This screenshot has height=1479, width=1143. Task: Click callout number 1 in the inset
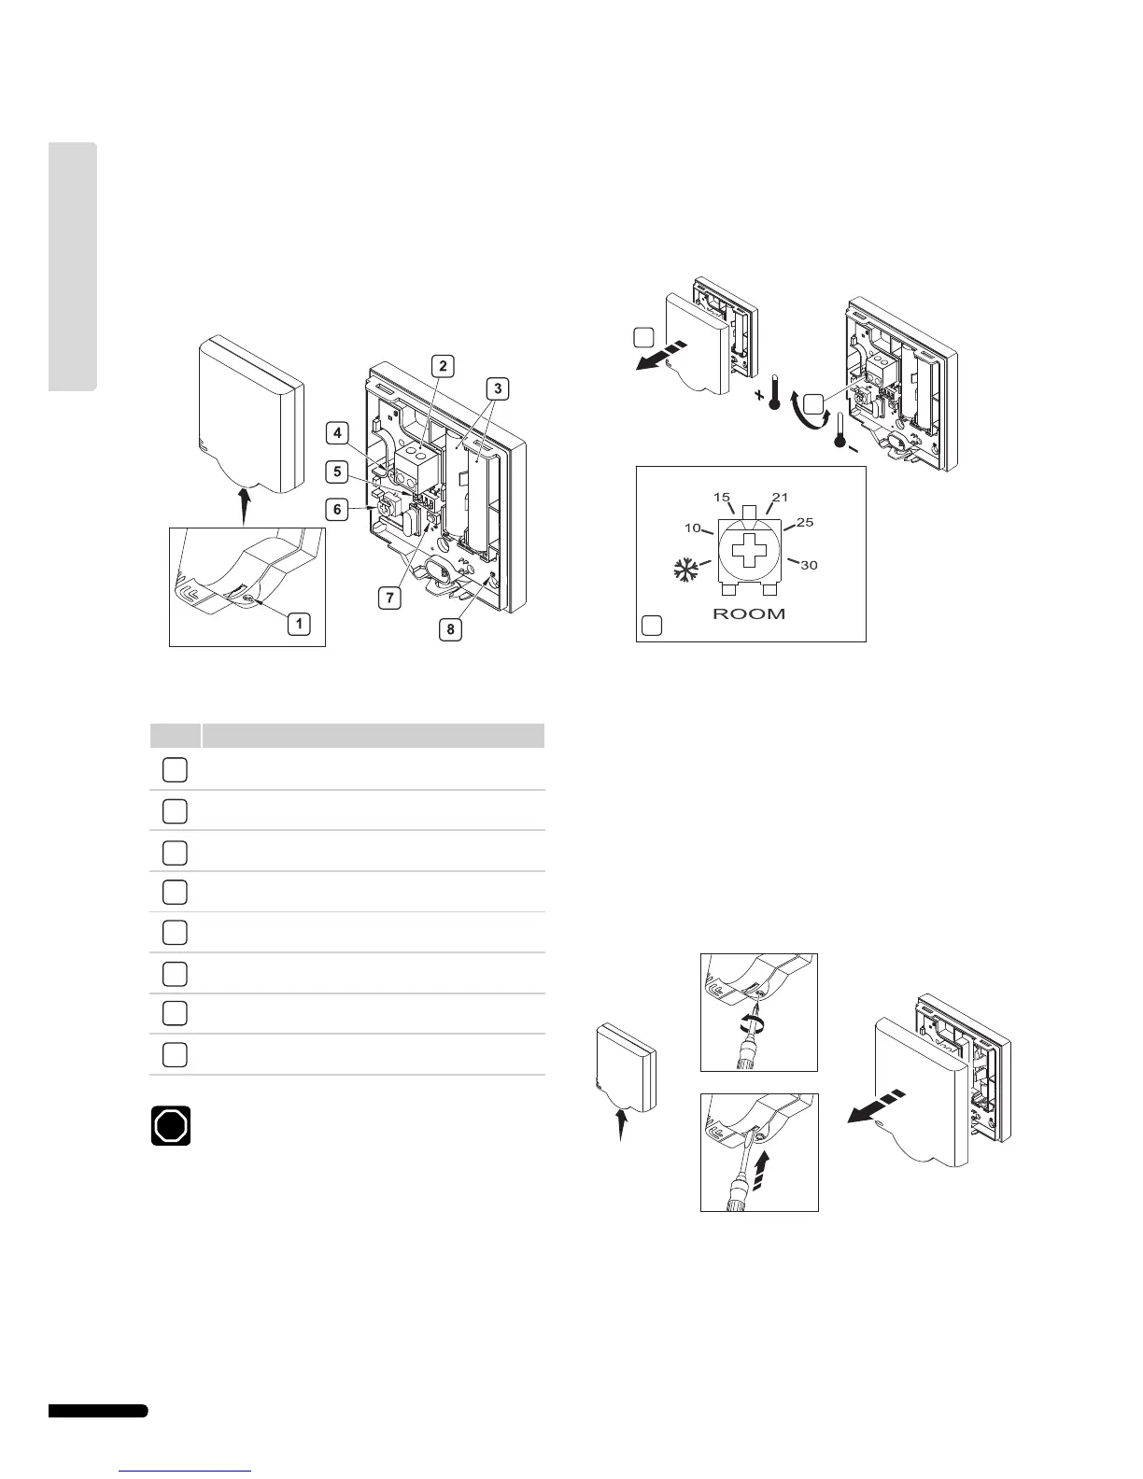coord(299,624)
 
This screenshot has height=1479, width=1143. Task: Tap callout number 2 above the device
coord(443,366)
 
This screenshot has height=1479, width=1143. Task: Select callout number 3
coord(499,388)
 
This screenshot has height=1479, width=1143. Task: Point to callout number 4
coord(338,432)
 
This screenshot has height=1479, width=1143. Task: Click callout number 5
coord(338,471)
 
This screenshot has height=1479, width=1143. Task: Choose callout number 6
coord(338,510)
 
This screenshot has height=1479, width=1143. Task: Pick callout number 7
coord(390,597)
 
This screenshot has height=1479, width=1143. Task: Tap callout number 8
coord(450,629)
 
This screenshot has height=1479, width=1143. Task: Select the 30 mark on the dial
coord(809,565)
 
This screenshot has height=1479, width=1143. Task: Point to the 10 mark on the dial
coord(692,528)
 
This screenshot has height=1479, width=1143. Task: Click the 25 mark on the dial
coord(805,522)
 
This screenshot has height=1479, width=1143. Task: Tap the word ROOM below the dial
coord(749,613)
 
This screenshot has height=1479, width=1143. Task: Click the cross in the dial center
coord(748,552)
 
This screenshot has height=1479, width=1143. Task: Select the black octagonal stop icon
coord(171,1126)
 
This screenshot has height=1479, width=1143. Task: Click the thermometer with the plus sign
coord(771,391)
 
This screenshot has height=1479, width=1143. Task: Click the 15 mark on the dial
coord(721,497)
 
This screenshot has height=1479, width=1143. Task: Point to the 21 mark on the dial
coord(780,497)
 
